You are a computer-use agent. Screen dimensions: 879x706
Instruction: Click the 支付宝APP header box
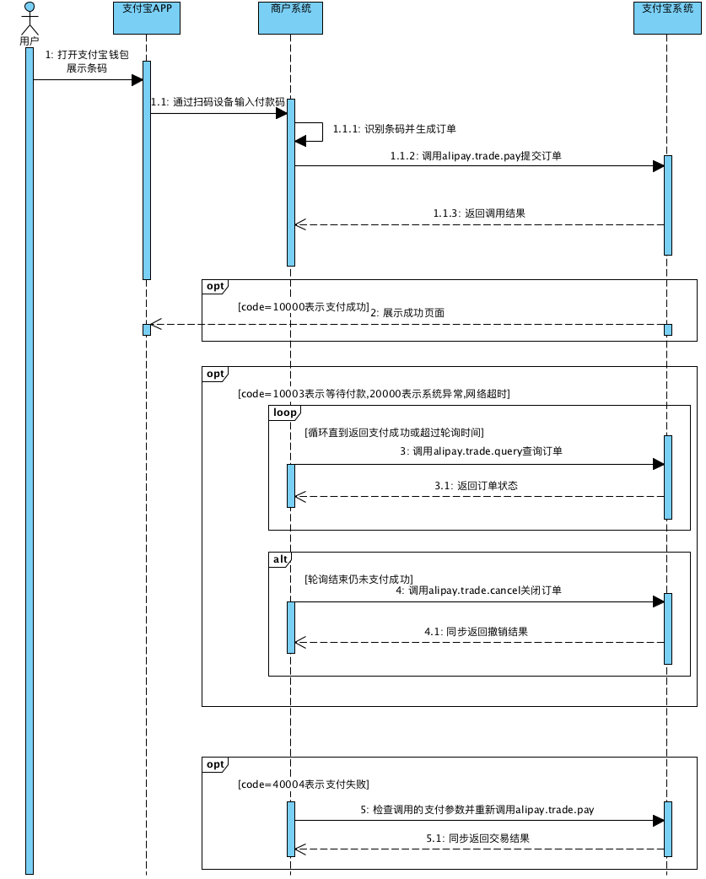[x=147, y=18]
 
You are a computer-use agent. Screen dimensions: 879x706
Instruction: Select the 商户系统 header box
[x=290, y=18]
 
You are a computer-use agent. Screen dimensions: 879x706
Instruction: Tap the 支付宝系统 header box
[x=667, y=18]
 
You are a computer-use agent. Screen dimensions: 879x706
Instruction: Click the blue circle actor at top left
[x=30, y=7]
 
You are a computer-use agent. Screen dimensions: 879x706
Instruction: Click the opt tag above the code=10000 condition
[x=215, y=287]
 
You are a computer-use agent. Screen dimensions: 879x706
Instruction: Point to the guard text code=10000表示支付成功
[x=304, y=307]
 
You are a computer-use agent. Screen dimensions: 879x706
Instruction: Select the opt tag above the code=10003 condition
[x=215, y=374]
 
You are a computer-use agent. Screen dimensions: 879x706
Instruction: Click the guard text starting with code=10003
[x=374, y=394]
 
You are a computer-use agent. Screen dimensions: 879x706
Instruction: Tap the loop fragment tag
[x=284, y=413]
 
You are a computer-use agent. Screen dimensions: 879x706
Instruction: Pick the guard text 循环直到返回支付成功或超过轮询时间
[x=395, y=433]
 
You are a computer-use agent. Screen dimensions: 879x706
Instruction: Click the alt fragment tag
[x=280, y=559]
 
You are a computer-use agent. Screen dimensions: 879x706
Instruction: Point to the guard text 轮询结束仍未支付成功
[x=359, y=580]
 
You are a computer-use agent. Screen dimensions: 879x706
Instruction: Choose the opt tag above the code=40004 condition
[x=215, y=764]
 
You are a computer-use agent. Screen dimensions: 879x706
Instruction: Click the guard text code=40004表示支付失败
[x=304, y=785]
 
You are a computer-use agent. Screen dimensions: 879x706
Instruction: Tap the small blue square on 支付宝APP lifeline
[x=147, y=330]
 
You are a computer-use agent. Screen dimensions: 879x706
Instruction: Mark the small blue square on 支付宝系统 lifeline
[x=668, y=330]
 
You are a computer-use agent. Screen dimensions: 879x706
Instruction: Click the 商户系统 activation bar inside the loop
[x=291, y=486]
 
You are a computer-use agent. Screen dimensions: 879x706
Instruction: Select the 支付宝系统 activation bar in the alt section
[x=668, y=628]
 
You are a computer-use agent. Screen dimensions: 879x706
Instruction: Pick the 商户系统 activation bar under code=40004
[x=291, y=829]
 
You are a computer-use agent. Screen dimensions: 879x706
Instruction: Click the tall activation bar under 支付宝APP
[x=147, y=170]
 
